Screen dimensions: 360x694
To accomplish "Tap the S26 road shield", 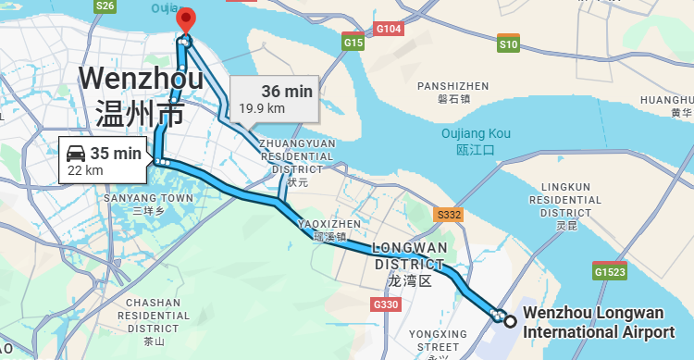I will [x=105, y=6].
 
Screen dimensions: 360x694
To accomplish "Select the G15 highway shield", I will [x=353, y=43].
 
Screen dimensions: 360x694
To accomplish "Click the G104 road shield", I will [x=389, y=30].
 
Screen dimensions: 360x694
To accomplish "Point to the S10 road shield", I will [x=508, y=43].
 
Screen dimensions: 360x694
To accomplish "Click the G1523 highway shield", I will [x=610, y=271].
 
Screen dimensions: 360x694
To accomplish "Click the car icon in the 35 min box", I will [x=76, y=153].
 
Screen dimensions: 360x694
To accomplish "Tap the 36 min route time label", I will [x=287, y=91].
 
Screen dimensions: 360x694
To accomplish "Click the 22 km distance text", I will [x=85, y=170].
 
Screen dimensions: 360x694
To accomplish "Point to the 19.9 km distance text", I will [x=262, y=108].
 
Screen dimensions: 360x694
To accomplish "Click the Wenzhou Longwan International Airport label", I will [x=599, y=323].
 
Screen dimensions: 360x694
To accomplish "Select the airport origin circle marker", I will [x=510, y=320].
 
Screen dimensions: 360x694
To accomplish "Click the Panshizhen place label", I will [x=453, y=92].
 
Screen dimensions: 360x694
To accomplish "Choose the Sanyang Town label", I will [x=149, y=204].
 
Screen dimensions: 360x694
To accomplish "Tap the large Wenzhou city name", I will [x=142, y=95].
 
